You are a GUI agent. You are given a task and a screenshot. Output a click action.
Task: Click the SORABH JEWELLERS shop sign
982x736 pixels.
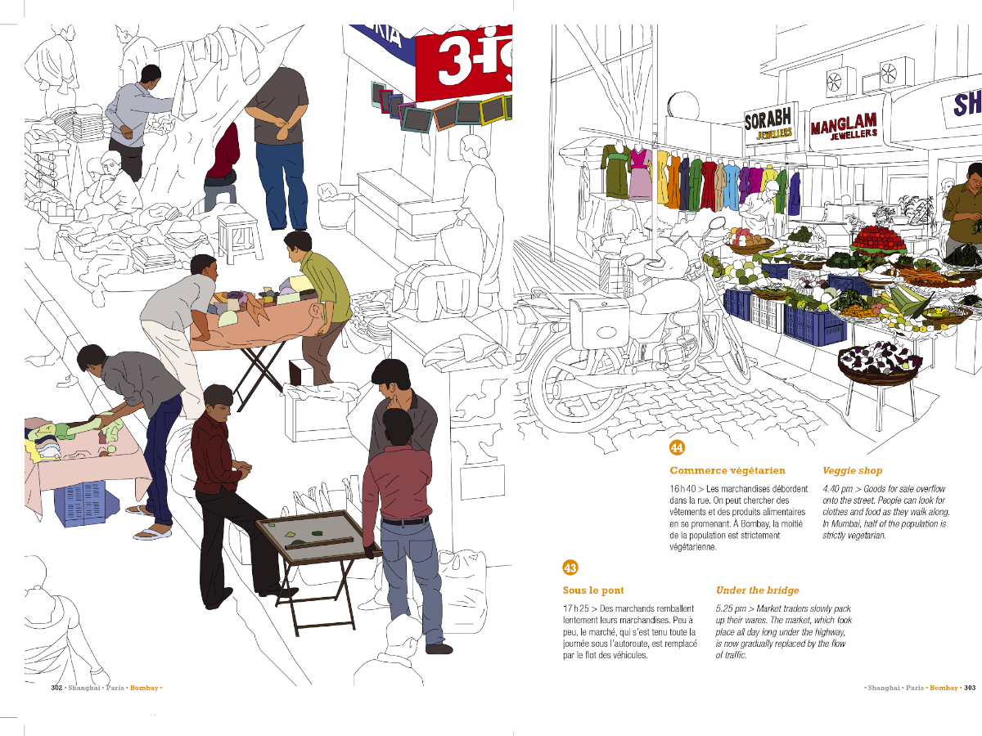tap(770, 123)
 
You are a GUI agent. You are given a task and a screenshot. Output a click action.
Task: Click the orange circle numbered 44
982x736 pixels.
tap(677, 448)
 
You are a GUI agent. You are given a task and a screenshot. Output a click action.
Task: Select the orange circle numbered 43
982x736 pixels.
tap(570, 568)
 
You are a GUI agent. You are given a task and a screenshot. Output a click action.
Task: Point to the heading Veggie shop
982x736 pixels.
tap(852, 471)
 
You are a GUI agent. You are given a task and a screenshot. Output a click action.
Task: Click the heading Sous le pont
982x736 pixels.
tap(593, 590)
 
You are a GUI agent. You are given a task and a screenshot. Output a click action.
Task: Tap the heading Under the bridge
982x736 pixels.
tap(758, 590)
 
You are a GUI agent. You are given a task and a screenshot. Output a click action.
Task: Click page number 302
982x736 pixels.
tap(56, 688)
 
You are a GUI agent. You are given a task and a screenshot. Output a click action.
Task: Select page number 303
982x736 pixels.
tap(970, 688)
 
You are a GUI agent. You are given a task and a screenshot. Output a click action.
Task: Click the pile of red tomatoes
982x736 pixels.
tap(878, 239)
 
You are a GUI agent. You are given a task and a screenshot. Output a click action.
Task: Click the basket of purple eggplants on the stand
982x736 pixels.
tap(879, 363)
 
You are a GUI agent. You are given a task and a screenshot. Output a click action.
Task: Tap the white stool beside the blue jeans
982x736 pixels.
tap(238, 238)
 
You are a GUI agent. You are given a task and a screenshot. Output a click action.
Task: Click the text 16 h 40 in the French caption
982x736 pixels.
tap(682, 489)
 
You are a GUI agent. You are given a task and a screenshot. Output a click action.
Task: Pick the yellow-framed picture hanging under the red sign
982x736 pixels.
tap(492, 110)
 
